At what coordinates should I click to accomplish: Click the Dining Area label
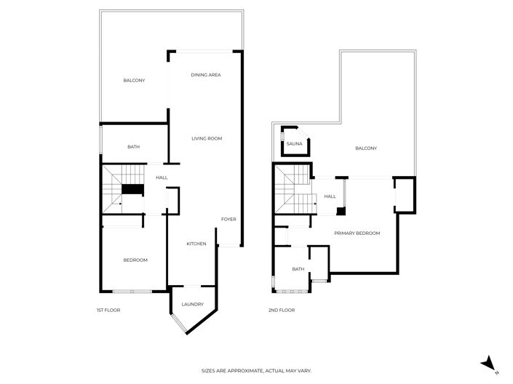point(206,75)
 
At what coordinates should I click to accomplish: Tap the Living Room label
point(207,138)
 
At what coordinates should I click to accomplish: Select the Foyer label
point(228,219)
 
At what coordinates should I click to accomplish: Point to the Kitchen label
point(196,243)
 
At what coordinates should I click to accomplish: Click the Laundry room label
point(193,304)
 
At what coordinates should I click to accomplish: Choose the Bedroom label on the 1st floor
point(135,260)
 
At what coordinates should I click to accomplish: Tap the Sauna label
point(294,144)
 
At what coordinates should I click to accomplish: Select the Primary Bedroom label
point(357,233)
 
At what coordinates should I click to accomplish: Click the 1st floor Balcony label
point(134,80)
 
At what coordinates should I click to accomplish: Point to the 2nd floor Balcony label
point(366,148)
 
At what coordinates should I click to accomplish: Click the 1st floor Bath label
point(134,147)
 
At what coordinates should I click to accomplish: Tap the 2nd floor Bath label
point(298,269)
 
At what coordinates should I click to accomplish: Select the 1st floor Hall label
point(162,177)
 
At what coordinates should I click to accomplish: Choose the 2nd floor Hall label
point(330,196)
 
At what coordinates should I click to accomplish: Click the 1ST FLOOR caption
point(108,311)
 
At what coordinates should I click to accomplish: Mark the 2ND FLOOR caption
point(282,311)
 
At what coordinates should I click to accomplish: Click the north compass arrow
point(490,363)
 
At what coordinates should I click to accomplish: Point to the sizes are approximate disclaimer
point(256,371)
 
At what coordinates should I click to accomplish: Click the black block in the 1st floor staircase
point(132,190)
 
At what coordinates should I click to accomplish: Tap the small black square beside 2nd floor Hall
point(341,212)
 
